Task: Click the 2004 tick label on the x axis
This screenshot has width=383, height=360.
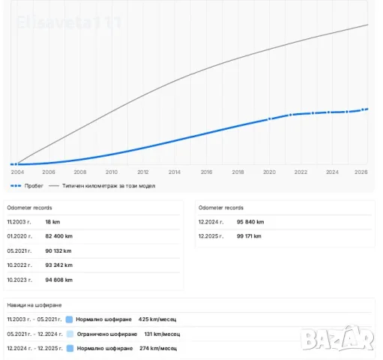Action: (17, 172)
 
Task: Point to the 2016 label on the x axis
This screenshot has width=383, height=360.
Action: (206, 172)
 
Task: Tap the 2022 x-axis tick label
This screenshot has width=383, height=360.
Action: (301, 172)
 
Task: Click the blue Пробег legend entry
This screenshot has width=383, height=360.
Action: (27, 186)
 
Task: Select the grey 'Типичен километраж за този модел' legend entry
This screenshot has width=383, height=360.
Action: (102, 186)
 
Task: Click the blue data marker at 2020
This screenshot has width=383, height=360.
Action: (269, 119)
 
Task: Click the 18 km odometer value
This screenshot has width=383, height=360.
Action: (52, 222)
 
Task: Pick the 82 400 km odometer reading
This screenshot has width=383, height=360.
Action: (59, 236)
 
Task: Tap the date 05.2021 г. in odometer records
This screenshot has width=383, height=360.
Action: (19, 250)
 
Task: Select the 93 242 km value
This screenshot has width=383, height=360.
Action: (59, 265)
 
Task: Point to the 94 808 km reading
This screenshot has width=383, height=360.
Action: (59, 280)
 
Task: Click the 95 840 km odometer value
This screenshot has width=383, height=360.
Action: (250, 222)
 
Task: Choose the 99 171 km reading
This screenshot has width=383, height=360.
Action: (249, 236)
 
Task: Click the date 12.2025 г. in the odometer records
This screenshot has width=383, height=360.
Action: (211, 236)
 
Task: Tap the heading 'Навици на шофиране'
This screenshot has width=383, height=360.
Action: (34, 305)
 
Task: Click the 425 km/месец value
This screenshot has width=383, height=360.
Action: (157, 319)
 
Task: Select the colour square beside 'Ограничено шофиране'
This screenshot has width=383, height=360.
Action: (70, 334)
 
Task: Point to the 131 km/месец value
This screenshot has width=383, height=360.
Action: (162, 334)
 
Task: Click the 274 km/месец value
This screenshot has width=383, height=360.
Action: (158, 348)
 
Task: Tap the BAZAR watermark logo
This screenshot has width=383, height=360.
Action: (337, 339)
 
